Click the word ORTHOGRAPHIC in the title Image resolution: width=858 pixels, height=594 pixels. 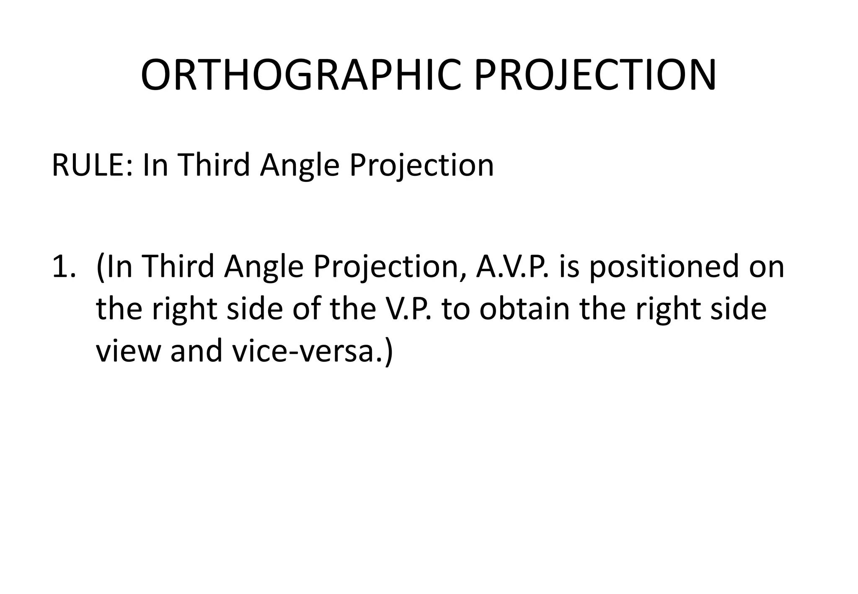[x=300, y=75]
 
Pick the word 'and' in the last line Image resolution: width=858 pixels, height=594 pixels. [x=196, y=351]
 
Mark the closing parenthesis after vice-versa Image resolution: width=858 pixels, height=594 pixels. [x=389, y=352]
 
